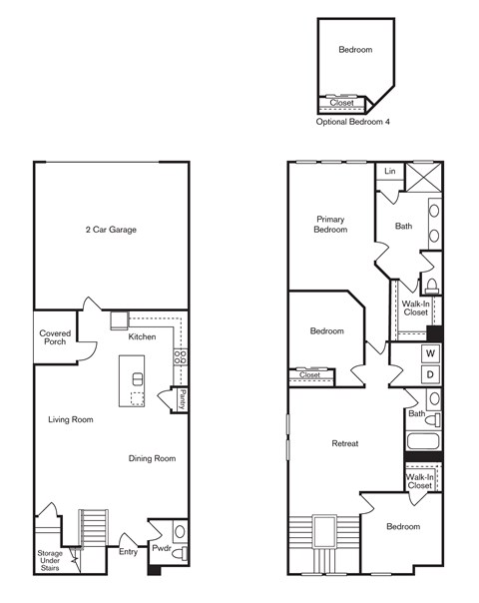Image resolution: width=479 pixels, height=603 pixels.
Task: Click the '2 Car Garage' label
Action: pyautogui.click(x=111, y=230)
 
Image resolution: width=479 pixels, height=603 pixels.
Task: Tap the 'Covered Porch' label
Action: pyautogui.click(x=54, y=338)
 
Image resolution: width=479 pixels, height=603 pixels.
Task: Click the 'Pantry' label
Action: pyautogui.click(x=183, y=398)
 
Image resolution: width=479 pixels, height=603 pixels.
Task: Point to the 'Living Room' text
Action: pyautogui.click(x=71, y=420)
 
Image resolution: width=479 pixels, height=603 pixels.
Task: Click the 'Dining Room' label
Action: pyautogui.click(x=152, y=459)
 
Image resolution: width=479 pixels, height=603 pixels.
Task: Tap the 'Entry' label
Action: pyautogui.click(x=128, y=551)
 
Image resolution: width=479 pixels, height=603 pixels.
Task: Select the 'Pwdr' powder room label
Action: pyautogui.click(x=161, y=548)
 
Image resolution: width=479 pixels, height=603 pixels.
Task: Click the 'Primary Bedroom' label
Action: pyautogui.click(x=331, y=224)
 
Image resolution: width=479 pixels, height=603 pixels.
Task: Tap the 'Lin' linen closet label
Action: pyautogui.click(x=390, y=173)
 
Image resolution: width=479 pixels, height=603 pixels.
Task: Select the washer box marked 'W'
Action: pyautogui.click(x=430, y=353)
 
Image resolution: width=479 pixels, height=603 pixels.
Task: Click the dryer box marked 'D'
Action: pyautogui.click(x=430, y=374)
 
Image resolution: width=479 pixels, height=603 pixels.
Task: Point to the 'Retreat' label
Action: pyautogui.click(x=345, y=443)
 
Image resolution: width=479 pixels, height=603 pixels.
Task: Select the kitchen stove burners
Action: pyautogui.click(x=181, y=355)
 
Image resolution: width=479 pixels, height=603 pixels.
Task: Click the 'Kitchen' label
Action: pyautogui.click(x=142, y=337)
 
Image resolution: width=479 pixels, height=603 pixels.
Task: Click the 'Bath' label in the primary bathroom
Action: pyautogui.click(x=403, y=226)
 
